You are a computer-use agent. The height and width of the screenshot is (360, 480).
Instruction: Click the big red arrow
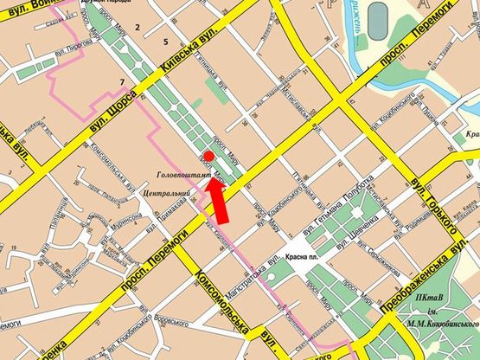[221, 202]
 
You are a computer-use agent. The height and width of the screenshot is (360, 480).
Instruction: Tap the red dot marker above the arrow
[209, 154]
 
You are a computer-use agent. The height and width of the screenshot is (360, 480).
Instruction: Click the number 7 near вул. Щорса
[122, 82]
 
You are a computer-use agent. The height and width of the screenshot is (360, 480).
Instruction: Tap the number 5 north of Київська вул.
[164, 42]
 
